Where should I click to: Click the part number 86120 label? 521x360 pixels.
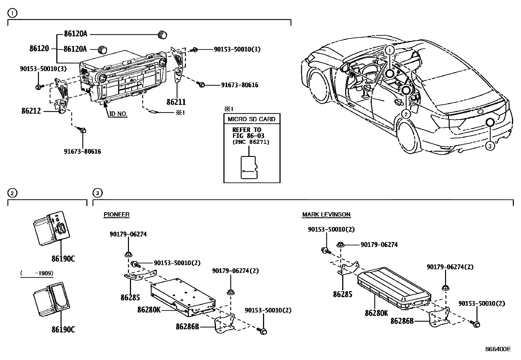pyautogui.click(x=39, y=49)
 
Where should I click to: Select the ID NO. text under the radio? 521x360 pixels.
pyautogui.click(x=118, y=114)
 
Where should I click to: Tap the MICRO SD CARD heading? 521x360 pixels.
pyautogui.click(x=251, y=119)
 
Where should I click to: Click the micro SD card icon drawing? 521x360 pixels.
pyautogui.click(x=249, y=167)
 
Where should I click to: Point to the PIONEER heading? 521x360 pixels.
pyautogui.click(x=116, y=215)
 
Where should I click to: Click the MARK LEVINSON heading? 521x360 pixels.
pyautogui.click(x=326, y=215)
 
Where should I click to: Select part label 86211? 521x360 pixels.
pyautogui.click(x=176, y=102)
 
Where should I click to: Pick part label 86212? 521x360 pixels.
pyautogui.click(x=31, y=111)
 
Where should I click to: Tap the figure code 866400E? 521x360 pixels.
pyautogui.click(x=497, y=349)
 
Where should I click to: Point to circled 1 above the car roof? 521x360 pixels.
pyautogui.click(x=389, y=50)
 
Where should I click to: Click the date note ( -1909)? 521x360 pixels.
pyautogui.click(x=37, y=273)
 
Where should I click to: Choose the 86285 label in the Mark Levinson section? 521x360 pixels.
pyautogui.click(x=343, y=294)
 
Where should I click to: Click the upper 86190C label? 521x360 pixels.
pyautogui.click(x=63, y=259)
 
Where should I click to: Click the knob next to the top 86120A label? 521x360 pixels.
pyautogui.click(x=162, y=34)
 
